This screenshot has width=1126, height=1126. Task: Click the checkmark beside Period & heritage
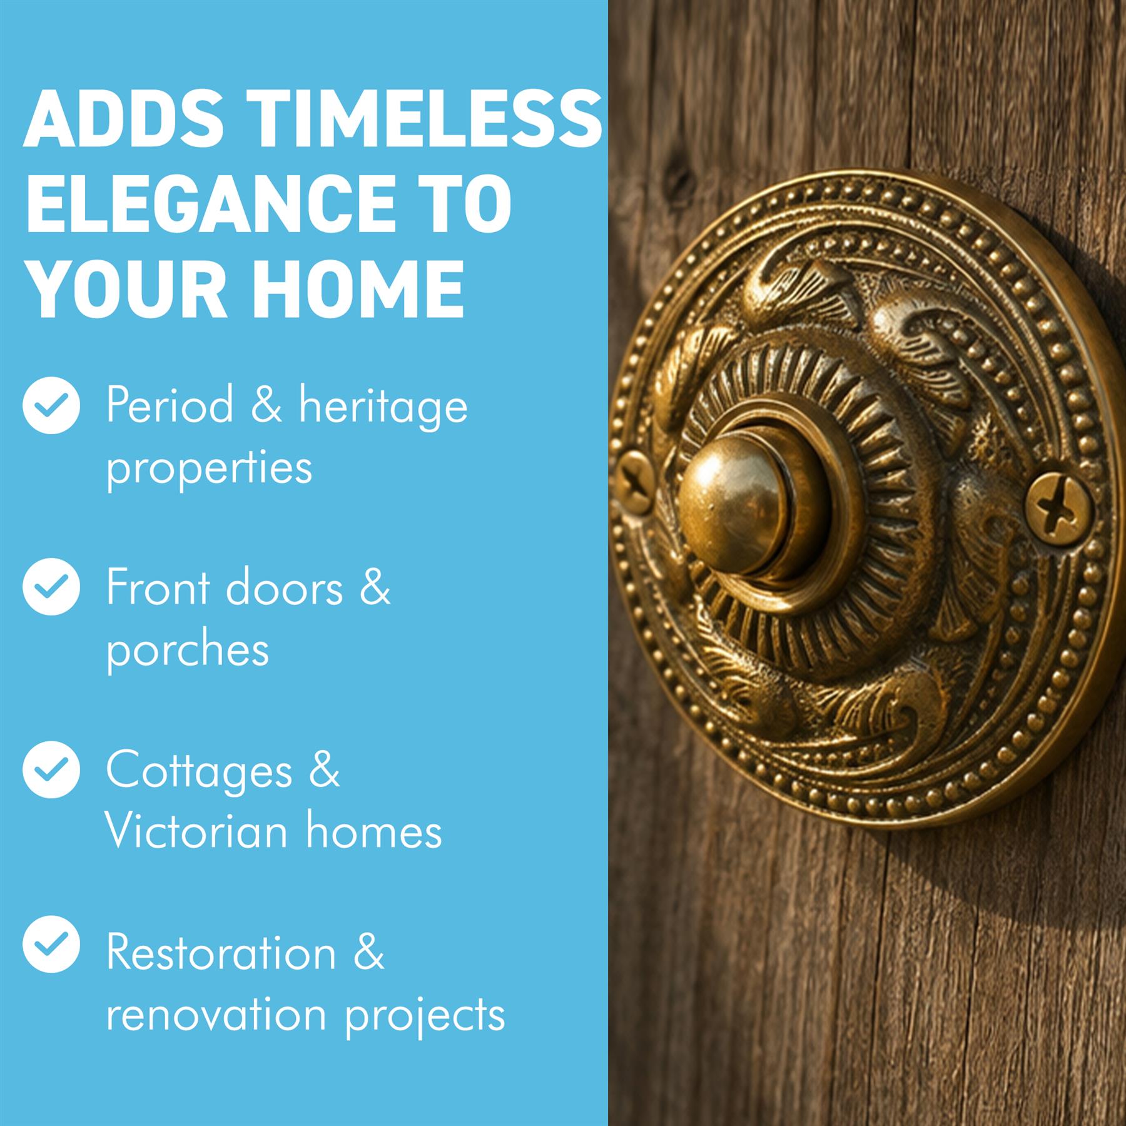51,405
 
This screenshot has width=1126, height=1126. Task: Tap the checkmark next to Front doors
51,587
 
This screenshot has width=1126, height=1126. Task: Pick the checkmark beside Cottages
51,769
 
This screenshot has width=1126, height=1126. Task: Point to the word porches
188,651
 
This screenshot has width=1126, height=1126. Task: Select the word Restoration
221,952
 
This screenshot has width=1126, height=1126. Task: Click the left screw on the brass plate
635,482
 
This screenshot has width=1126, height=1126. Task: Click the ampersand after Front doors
375,587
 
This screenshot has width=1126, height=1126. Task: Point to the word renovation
216,1014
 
